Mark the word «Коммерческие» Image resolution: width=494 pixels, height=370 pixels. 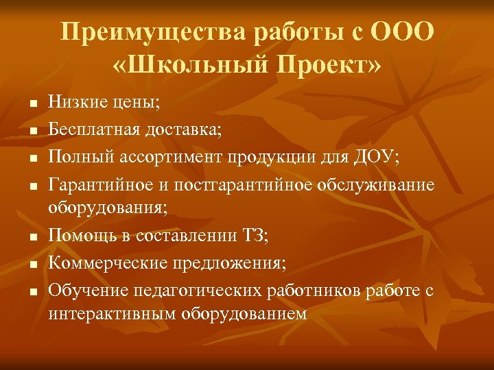pyautogui.click(x=102, y=263)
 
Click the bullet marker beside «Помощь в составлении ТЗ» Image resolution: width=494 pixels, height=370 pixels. pyautogui.click(x=32, y=238)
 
